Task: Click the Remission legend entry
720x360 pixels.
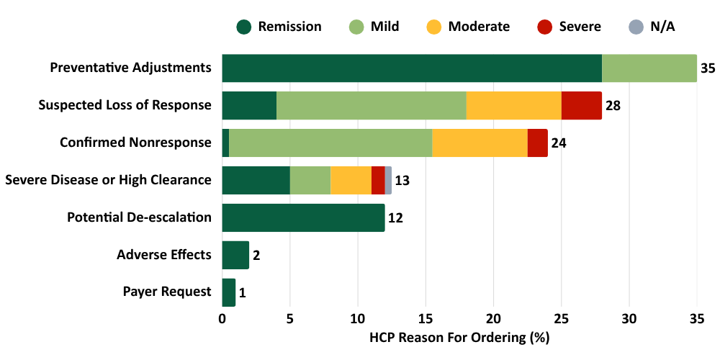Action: (279, 27)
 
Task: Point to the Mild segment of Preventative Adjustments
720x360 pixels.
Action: (649, 68)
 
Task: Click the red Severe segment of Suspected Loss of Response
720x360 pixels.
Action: (581, 106)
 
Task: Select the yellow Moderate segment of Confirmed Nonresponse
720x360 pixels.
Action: (480, 143)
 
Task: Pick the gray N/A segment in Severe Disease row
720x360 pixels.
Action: (389, 180)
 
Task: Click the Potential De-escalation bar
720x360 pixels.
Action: (303, 217)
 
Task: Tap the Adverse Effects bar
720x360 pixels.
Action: (235, 255)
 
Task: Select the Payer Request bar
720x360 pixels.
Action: (228, 292)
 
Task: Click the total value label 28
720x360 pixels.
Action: (613, 106)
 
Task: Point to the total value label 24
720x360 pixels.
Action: (559, 143)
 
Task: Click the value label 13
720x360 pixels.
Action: (402, 181)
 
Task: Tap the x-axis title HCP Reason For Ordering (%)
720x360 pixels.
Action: (459, 337)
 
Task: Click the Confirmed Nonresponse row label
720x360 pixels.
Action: (135, 143)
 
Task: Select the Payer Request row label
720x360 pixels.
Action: (167, 292)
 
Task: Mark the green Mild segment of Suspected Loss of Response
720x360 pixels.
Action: (372, 106)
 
